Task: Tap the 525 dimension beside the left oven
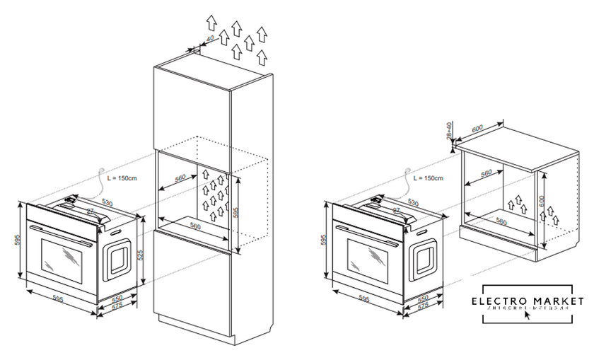(x=140, y=254)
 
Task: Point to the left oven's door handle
(x=58, y=234)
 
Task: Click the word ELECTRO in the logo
(x=497, y=301)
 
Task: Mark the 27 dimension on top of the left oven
(x=90, y=211)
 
